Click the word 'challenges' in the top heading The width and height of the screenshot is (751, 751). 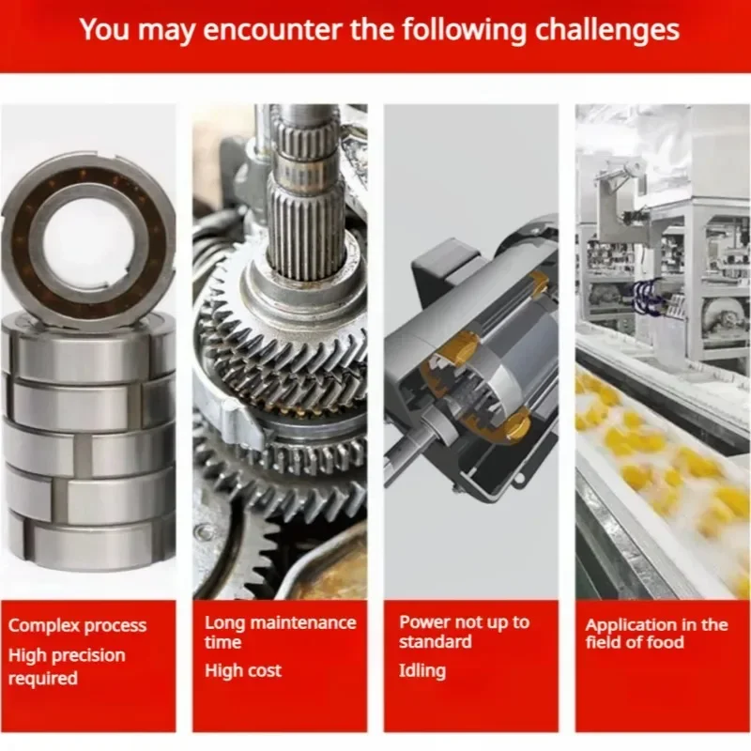606,31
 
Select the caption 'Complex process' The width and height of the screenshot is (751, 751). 77,626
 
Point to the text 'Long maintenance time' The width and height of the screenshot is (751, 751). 280,632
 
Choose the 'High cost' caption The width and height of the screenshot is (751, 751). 243,670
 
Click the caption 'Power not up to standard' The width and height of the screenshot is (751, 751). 464,632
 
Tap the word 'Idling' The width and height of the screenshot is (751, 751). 421,671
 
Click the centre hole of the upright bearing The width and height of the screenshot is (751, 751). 87,242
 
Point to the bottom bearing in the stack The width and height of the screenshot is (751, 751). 89,543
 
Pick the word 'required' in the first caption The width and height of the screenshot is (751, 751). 42,678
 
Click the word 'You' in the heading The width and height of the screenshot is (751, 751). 104,30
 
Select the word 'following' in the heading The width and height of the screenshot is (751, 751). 464,31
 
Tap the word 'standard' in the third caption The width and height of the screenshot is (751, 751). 436,642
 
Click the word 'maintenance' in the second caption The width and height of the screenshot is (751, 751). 303,623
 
